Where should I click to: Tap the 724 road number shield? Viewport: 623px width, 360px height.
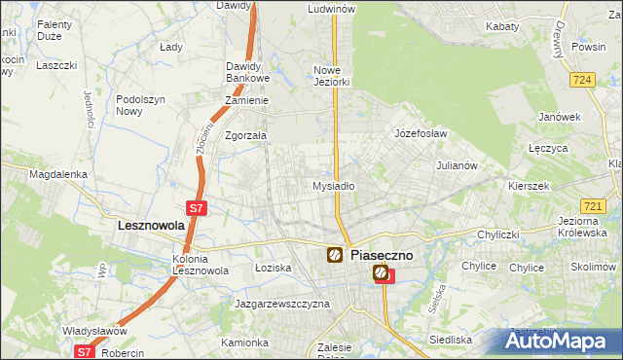pos(583,80)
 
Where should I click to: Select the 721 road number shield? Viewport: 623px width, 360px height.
pos(591,206)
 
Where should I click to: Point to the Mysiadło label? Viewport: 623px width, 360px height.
pos(333,185)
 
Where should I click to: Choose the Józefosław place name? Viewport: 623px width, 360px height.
pos(420,132)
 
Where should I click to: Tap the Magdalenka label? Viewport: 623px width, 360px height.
pos(58,174)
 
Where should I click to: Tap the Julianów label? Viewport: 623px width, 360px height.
pos(457,165)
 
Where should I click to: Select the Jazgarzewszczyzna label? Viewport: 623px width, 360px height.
pos(282,304)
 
